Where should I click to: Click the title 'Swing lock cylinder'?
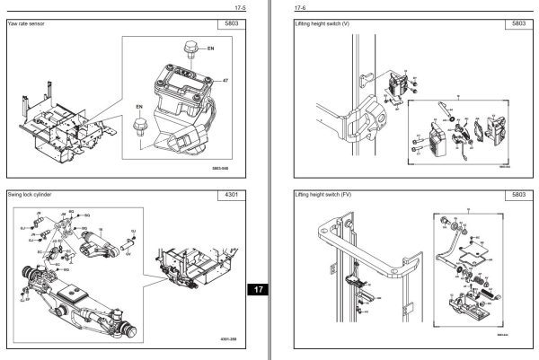click(34, 194)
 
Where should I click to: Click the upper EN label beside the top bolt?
click(210, 46)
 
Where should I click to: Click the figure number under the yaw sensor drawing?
click(220, 167)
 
